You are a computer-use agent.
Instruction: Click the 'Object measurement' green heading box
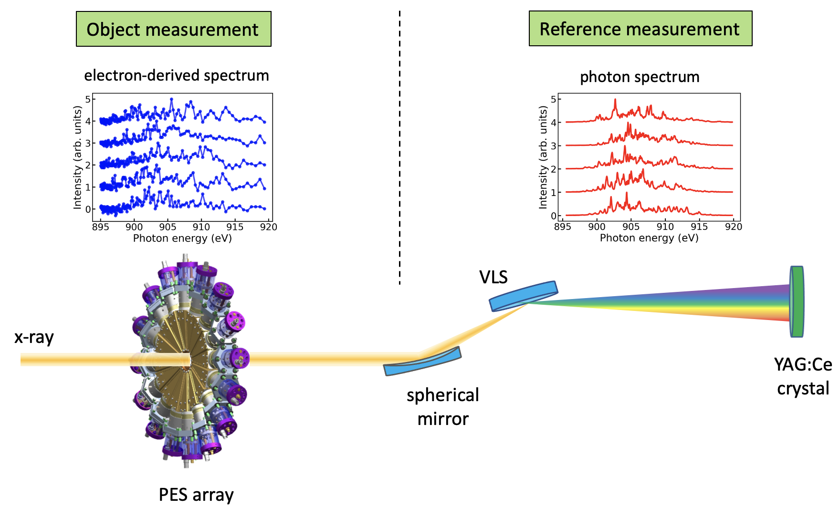point(174,29)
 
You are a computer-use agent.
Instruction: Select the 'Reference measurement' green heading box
point(640,29)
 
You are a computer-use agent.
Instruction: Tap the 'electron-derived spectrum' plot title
point(177,75)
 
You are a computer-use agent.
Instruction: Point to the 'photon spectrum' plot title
point(640,77)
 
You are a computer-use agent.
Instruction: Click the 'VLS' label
point(493,277)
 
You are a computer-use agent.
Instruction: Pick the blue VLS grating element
point(523,296)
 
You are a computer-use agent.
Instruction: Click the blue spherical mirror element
point(422,361)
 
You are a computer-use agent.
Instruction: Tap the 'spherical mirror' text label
point(443,407)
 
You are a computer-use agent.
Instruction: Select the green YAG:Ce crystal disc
point(796,301)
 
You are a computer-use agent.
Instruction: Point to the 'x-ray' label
point(34,337)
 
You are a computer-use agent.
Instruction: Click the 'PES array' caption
point(196,495)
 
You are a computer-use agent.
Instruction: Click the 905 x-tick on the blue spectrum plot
point(168,227)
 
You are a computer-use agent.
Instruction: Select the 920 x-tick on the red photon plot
point(734,227)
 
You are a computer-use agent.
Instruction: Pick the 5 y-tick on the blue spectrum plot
point(88,99)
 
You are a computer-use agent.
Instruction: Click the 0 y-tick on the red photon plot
point(553,216)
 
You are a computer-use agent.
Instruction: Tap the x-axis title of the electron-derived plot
point(182,238)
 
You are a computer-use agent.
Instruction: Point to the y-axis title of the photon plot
point(543,157)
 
